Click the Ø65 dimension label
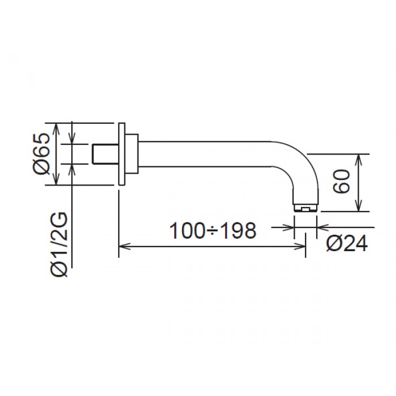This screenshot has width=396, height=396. point(41,153)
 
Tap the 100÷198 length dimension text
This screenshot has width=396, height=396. point(213,231)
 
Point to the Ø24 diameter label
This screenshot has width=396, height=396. point(346,244)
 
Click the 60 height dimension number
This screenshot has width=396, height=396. point(341,182)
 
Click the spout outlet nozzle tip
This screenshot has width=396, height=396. point(305,208)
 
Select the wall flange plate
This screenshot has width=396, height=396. point(122,154)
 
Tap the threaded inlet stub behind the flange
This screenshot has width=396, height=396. point(105,154)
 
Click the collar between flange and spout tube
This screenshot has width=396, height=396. point(131,154)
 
